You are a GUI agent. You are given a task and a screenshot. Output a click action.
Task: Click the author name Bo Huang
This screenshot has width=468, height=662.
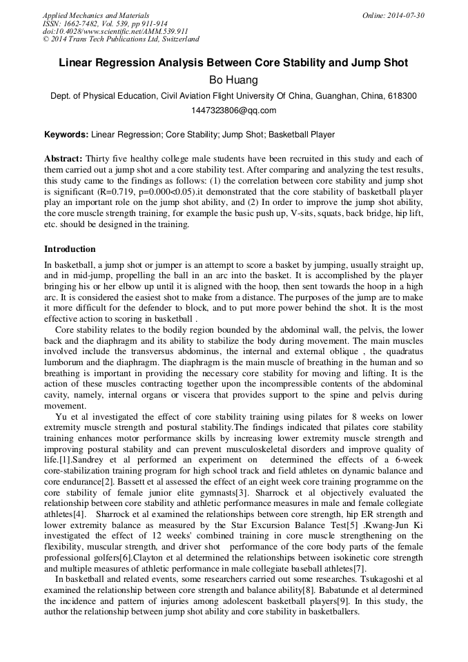[x=233, y=80]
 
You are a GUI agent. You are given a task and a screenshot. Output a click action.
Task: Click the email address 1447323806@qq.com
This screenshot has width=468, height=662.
[x=233, y=110]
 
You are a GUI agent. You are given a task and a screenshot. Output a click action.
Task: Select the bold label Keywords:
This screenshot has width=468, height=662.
[x=66, y=135]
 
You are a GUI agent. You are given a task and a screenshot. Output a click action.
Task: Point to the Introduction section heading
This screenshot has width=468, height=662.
[x=70, y=249]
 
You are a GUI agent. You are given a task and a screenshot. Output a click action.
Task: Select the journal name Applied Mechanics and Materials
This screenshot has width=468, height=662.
[x=96, y=15]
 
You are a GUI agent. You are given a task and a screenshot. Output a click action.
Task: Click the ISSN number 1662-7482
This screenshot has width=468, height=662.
[x=85, y=23]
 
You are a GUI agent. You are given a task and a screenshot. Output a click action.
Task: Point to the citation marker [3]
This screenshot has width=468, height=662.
[x=242, y=491]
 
